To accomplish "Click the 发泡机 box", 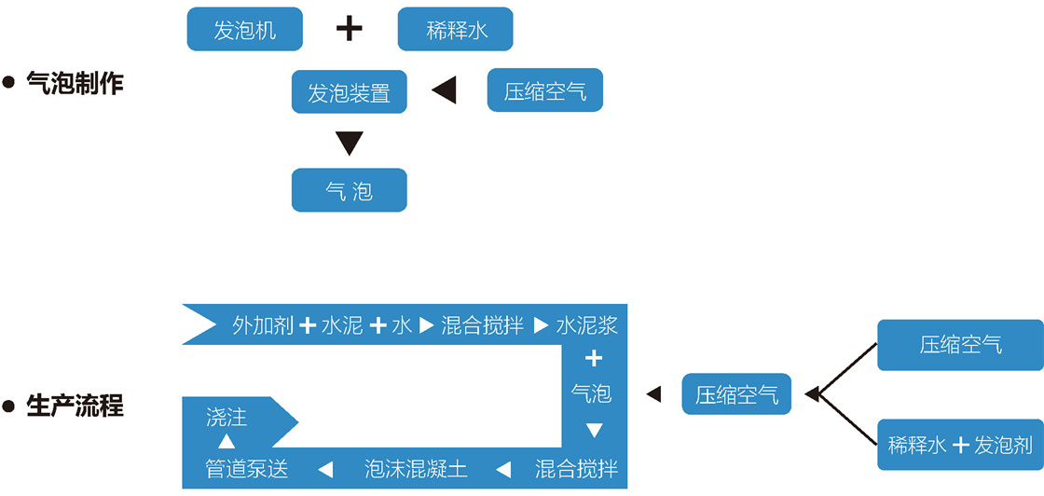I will (x=244, y=30).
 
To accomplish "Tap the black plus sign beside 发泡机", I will (x=349, y=29).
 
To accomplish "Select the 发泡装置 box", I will (x=349, y=92).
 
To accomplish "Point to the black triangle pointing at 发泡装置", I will (x=444, y=90).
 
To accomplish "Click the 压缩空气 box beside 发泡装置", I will (x=544, y=91).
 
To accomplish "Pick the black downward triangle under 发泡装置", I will (x=349, y=143).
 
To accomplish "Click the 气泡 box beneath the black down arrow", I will (x=349, y=190).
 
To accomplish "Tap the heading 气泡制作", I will (x=76, y=83).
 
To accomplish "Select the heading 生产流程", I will (x=76, y=406).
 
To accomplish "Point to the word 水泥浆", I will (x=587, y=325).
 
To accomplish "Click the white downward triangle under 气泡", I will (x=594, y=430).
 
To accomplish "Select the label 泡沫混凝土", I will (x=416, y=468).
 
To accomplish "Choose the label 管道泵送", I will (x=247, y=468).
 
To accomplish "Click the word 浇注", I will (x=227, y=417).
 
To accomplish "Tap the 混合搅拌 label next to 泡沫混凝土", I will (x=576, y=468).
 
